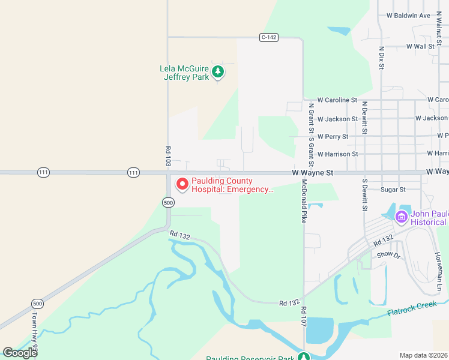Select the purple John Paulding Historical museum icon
pyautogui.click(x=402, y=217)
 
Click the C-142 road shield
pyautogui.click(x=269, y=37)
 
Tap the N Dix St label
pyautogui.click(x=381, y=58)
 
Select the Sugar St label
pyautogui.click(x=393, y=190)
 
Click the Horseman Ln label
pyautogui.click(x=438, y=271)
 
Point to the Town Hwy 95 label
pyautogui.click(x=35, y=328)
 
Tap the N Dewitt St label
pyautogui.click(x=364, y=117)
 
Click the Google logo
pyautogui.click(x=20, y=352)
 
